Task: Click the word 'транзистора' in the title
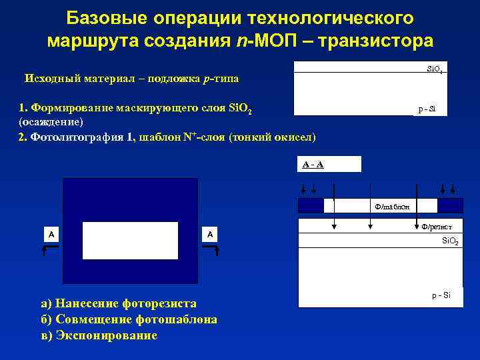(376, 41)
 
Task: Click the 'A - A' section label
(313, 164)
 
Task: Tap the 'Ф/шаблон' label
(392, 206)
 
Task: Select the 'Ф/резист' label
(437, 227)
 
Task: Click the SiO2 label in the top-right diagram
(435, 69)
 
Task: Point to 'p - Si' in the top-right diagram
(427, 109)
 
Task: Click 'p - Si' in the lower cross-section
(441, 295)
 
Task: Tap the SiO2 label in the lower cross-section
(450, 240)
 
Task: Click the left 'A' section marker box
(51, 234)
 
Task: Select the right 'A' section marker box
(210, 234)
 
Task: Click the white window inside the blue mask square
(130, 240)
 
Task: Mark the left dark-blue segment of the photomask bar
(311, 205)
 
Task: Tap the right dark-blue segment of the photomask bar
(450, 205)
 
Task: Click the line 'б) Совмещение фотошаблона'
(129, 319)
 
